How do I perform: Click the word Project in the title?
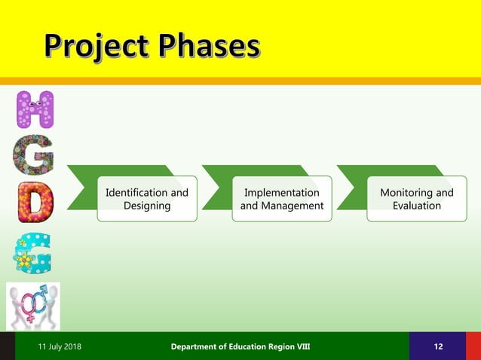tap(95, 46)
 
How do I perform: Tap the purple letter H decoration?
tap(35, 110)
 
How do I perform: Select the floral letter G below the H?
tap(33, 155)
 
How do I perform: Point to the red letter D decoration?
tap(35, 202)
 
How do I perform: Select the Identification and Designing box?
tap(147, 199)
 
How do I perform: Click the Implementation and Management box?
tap(281, 199)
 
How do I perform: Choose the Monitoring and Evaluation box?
tap(416, 199)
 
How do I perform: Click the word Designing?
tap(147, 206)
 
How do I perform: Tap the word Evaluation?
tap(417, 206)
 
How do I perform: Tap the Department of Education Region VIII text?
tap(240, 346)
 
